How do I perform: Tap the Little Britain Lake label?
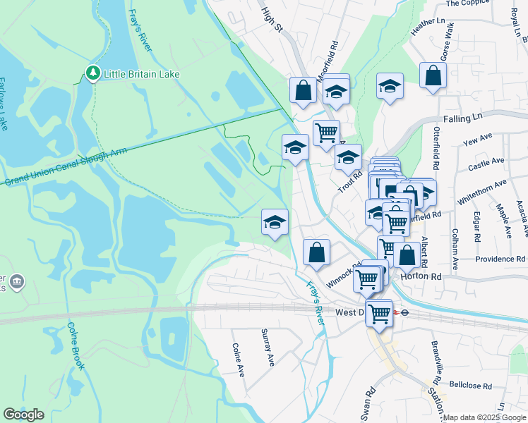pyautogui.click(x=142, y=74)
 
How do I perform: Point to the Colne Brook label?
pyautogui.click(x=76, y=345)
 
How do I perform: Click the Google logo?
pyautogui.click(x=23, y=415)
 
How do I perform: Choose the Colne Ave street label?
pyautogui.click(x=238, y=360)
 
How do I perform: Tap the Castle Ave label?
pyautogui.click(x=486, y=163)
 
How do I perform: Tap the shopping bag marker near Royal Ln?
pyautogui.click(x=433, y=77)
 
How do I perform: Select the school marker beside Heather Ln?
pyautogui.click(x=389, y=87)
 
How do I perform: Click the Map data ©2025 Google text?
pyautogui.click(x=484, y=417)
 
